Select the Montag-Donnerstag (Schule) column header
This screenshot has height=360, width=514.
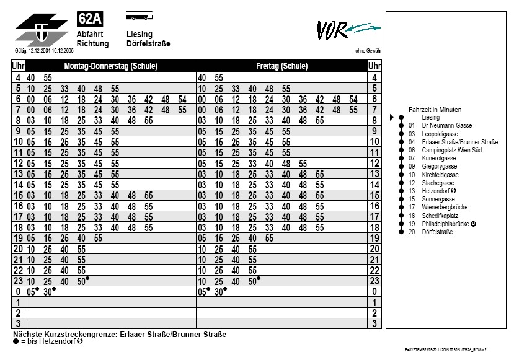[110, 66]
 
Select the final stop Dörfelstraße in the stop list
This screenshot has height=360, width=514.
[437, 232]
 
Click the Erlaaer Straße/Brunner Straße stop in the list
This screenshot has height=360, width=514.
[459, 142]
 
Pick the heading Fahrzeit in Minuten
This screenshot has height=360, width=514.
[435, 109]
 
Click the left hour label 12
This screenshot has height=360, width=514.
[18, 164]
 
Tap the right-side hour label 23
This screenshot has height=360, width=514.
[374, 281]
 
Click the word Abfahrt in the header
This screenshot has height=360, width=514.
[90, 34]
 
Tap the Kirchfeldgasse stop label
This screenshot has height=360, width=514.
[440, 175]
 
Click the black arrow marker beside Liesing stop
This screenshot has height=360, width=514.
[392, 117]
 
